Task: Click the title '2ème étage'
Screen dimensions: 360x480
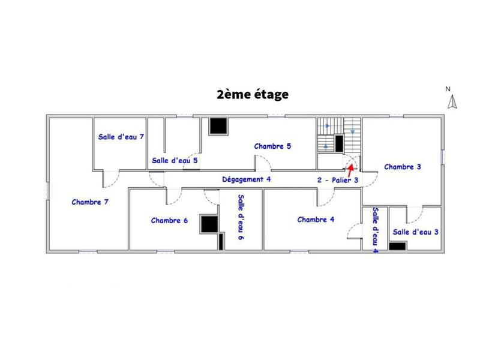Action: pyautogui.click(x=253, y=94)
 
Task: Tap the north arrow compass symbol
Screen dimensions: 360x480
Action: pyautogui.click(x=452, y=102)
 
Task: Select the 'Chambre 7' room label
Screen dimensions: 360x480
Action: pyautogui.click(x=90, y=202)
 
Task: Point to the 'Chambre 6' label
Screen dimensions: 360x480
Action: pyautogui.click(x=170, y=221)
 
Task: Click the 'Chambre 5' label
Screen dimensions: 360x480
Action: pyautogui.click(x=272, y=146)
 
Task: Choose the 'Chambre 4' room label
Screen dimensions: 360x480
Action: pyautogui.click(x=316, y=220)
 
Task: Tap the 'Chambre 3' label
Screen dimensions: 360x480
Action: pyautogui.click(x=403, y=167)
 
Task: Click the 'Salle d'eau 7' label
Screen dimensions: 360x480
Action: pyautogui.click(x=121, y=137)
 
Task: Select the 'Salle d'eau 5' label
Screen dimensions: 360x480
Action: pyautogui.click(x=175, y=160)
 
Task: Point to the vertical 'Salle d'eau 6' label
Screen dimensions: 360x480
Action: pyautogui.click(x=240, y=217)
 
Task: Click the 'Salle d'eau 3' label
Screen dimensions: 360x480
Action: pyautogui.click(x=416, y=232)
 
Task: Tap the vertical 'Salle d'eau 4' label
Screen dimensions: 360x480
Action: pyautogui.click(x=374, y=230)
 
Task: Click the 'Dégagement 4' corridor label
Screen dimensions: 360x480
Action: pyautogui.click(x=247, y=179)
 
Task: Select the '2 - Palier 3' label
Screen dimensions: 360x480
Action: pyautogui.click(x=338, y=179)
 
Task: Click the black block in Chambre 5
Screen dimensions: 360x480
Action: pyautogui.click(x=218, y=126)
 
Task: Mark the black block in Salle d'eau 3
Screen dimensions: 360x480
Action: pyautogui.click(x=398, y=245)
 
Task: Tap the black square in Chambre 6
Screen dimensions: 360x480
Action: pyautogui.click(x=209, y=223)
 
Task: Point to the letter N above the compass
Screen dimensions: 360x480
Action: pyautogui.click(x=448, y=89)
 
